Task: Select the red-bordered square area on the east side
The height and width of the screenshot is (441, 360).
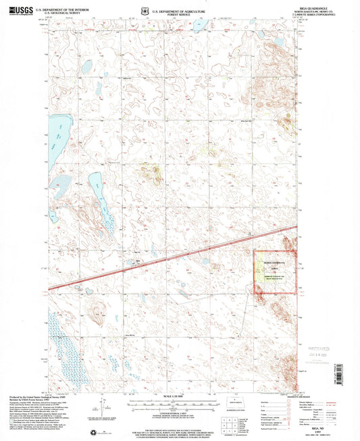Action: coord(276,272)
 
